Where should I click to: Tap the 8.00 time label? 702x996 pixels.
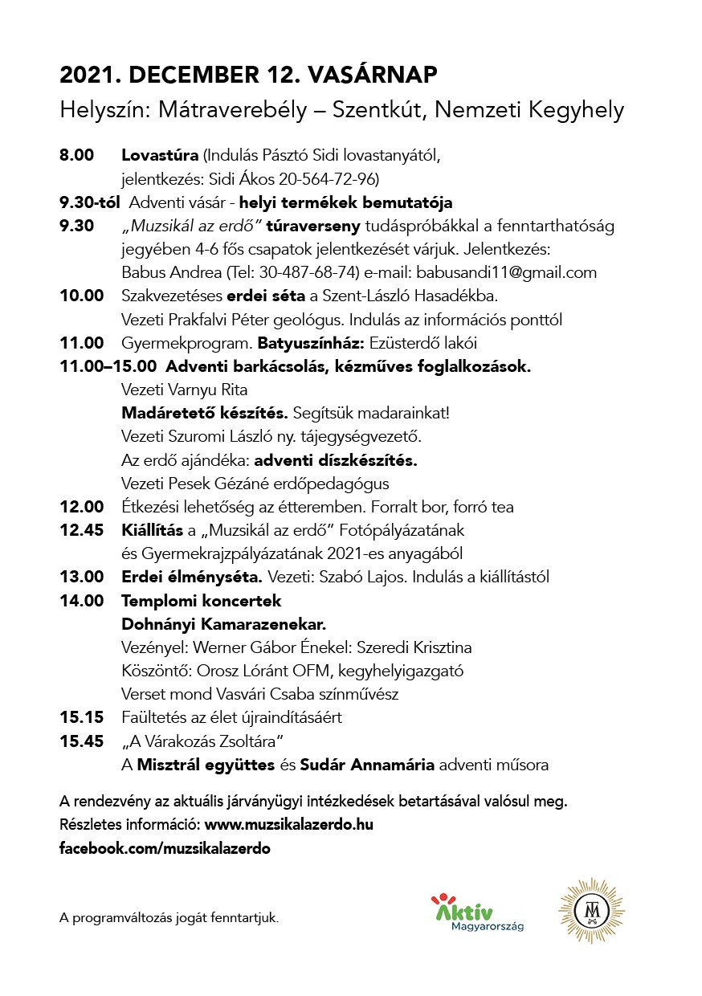tap(77, 155)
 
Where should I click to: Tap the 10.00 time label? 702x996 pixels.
tap(81, 296)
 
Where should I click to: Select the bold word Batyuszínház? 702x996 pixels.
tap(310, 343)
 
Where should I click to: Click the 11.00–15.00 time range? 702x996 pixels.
tap(108, 366)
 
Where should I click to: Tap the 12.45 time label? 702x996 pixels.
tap(81, 530)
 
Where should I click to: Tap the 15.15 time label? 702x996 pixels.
tap(81, 717)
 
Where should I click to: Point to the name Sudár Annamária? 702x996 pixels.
tap(367, 765)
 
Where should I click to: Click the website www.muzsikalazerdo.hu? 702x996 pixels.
tap(289, 825)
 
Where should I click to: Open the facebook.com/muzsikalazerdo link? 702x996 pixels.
tap(165, 848)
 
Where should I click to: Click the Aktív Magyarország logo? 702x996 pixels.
tap(477, 913)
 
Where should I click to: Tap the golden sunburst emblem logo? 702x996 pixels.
tap(590, 911)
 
